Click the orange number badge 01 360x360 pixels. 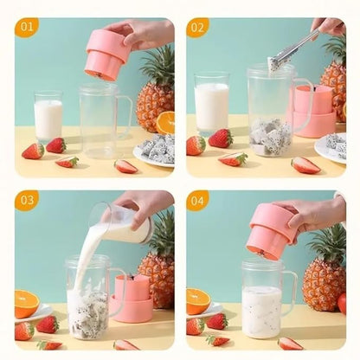pos(26,27)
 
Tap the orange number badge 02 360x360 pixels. pos(197,27)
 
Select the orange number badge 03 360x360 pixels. pos(26,201)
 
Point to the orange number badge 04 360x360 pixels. pos(197,201)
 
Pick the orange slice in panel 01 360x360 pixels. pos(164,122)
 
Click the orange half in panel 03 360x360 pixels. pos(27,302)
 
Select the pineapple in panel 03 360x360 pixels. pos(159,268)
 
